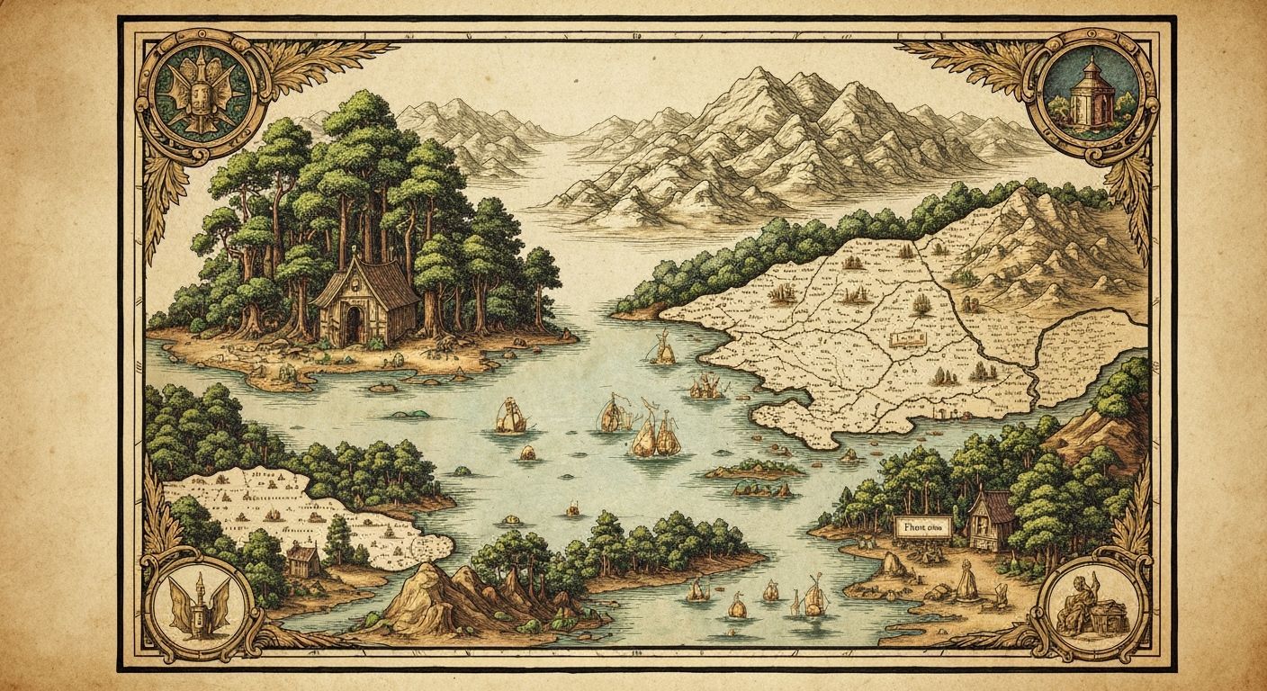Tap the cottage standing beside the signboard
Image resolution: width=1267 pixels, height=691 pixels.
click(x=991, y=520)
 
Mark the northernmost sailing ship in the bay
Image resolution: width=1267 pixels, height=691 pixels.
click(x=664, y=349)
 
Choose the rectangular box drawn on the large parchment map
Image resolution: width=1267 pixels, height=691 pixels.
click(x=908, y=339)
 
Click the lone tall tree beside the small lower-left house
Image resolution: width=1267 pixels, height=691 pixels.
click(x=338, y=540)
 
